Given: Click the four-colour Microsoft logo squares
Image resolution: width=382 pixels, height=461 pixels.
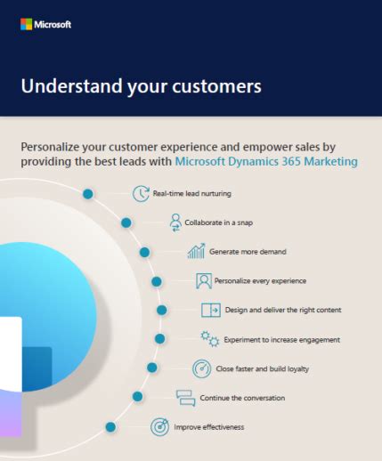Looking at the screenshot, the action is tap(26, 24).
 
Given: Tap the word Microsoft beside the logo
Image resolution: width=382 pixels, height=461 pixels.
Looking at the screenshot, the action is tap(53, 24).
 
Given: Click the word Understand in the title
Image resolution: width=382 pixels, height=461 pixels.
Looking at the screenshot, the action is tap(71, 86).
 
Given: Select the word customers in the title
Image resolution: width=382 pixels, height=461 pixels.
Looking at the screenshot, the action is tap(216, 86).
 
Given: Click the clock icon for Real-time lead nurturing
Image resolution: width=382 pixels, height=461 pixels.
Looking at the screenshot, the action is tap(141, 194).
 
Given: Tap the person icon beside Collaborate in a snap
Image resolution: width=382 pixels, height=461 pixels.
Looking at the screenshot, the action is tap(175, 222).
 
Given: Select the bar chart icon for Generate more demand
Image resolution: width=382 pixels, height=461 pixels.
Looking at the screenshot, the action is tap(196, 251).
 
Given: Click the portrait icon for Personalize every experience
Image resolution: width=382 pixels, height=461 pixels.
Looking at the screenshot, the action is tap(204, 280).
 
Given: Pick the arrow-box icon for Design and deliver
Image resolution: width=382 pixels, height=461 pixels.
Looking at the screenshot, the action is tap(211, 310).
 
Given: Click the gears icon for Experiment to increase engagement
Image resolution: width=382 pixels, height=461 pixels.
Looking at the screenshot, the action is tap(210, 339).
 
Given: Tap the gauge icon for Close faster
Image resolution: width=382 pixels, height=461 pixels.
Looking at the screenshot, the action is tap(202, 368).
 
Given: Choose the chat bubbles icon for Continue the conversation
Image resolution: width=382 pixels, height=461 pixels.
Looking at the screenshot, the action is tap(186, 398).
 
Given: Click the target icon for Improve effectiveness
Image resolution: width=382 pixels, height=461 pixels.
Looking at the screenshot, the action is tap(159, 427).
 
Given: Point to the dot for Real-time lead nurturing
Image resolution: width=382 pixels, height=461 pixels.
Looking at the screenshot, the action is tap(88, 194).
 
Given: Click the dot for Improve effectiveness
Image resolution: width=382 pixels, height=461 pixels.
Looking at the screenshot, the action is tap(110, 427).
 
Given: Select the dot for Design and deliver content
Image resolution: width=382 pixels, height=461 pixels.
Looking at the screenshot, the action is tap(162, 311).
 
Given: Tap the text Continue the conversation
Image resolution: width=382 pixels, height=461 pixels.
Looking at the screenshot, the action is tap(242, 398).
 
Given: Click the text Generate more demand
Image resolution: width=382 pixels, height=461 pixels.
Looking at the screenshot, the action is tap(248, 252).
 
